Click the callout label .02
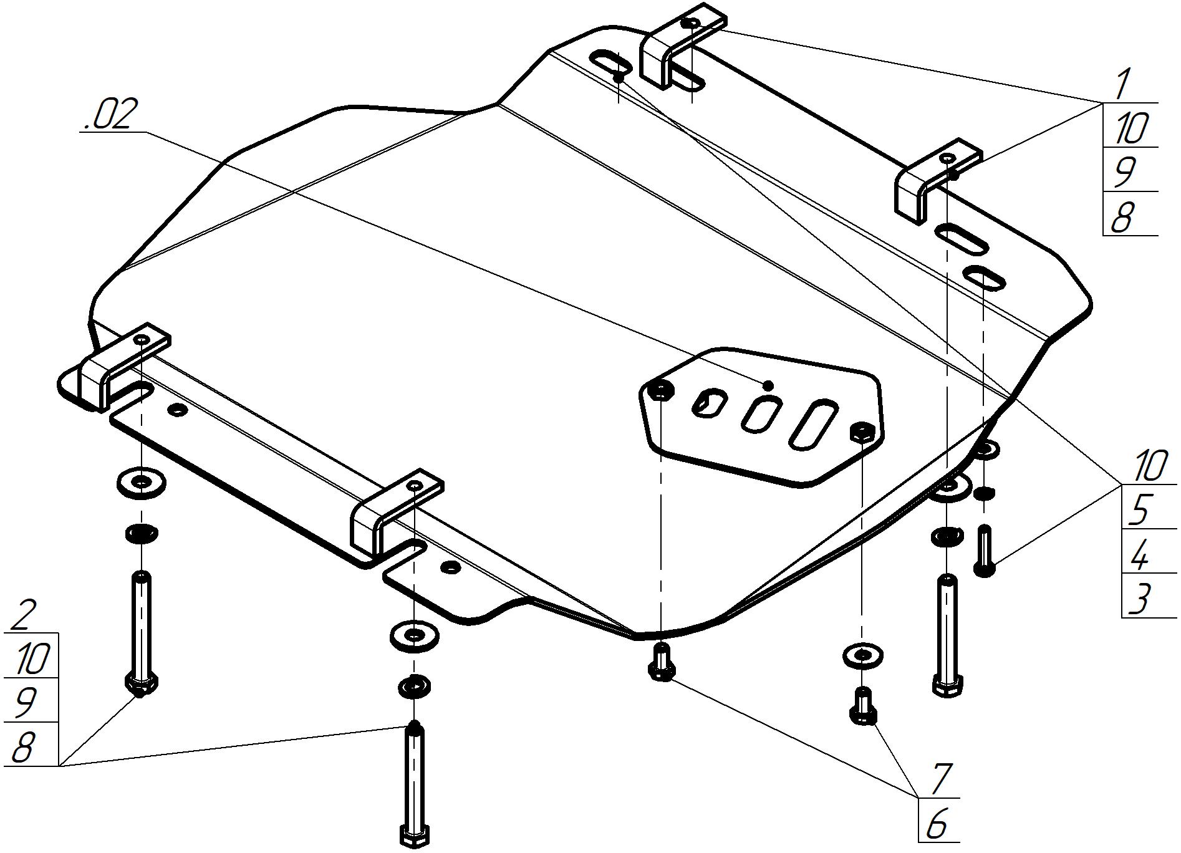[x=108, y=115]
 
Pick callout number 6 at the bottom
[x=937, y=824]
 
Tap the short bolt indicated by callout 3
[x=985, y=551]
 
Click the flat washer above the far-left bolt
[x=142, y=483]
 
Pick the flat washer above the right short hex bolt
[x=862, y=656]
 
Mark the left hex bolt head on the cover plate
[x=660, y=391]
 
